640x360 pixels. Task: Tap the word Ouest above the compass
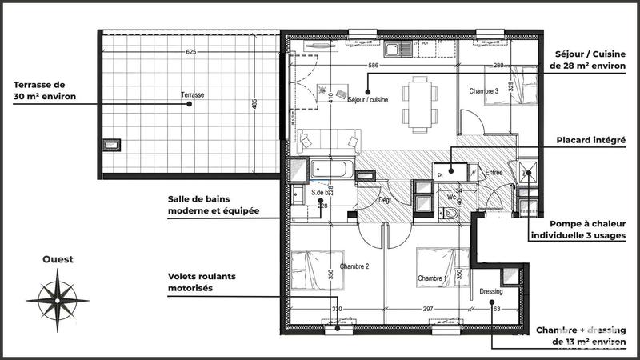click(x=59, y=259)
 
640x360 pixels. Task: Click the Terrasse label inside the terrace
click(x=192, y=95)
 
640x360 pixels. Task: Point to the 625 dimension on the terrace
click(x=190, y=52)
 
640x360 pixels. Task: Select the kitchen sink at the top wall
click(x=396, y=50)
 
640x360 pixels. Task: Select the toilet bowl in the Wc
click(x=451, y=214)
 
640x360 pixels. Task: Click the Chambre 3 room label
click(x=485, y=91)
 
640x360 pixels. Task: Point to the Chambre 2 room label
click(x=354, y=266)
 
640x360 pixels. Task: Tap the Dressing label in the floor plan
click(x=491, y=292)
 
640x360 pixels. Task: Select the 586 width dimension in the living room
click(x=373, y=65)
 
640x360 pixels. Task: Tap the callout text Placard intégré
click(x=591, y=139)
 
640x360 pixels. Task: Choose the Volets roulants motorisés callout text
click(x=202, y=282)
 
